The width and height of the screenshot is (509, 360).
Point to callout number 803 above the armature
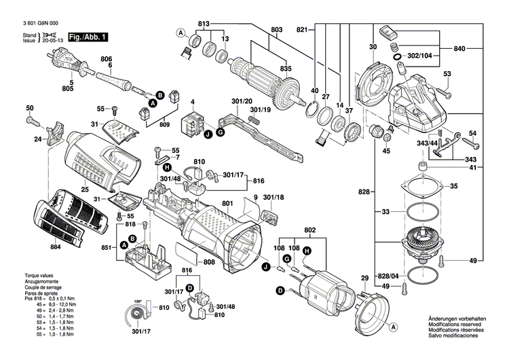click(x=276, y=29)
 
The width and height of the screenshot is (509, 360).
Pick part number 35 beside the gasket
click(x=454, y=185)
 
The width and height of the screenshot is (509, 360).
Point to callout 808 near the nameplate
click(x=209, y=262)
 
